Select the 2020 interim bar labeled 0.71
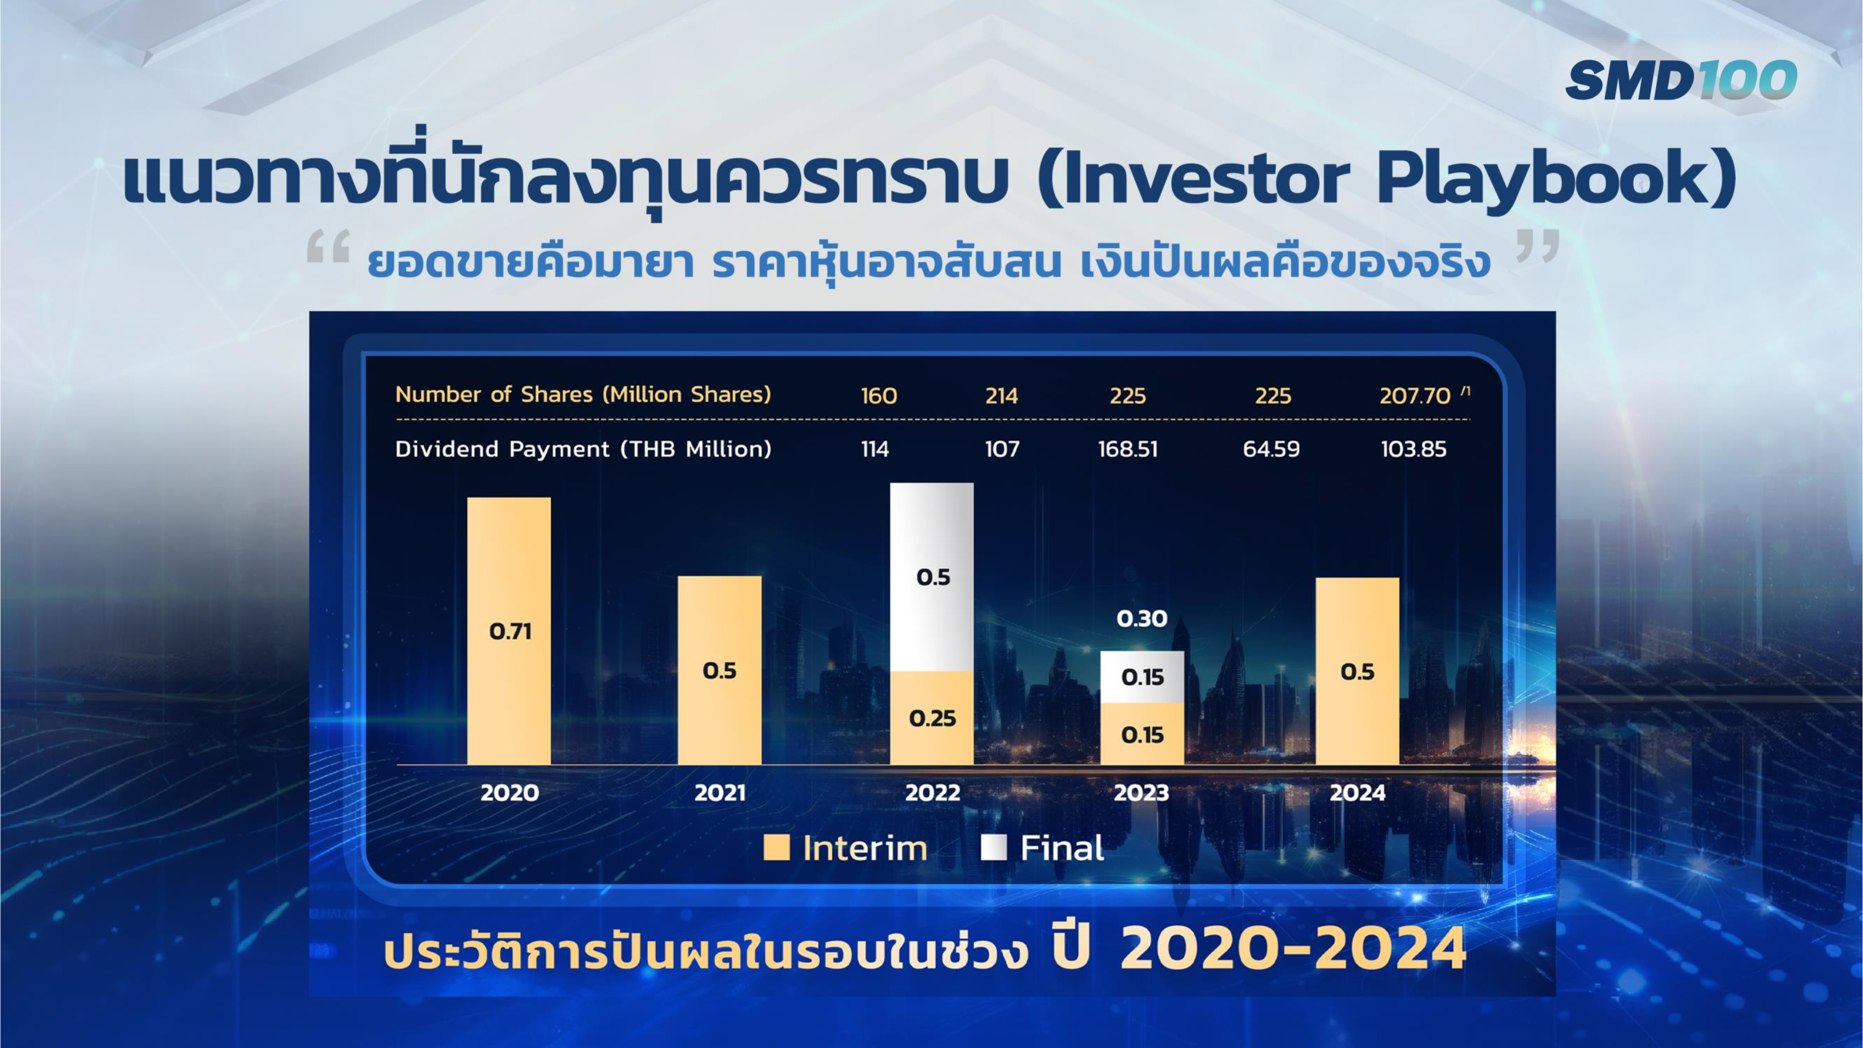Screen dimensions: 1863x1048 [x=509, y=631]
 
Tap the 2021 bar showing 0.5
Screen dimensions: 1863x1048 [x=720, y=670]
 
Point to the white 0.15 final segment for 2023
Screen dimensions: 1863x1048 [x=1142, y=677]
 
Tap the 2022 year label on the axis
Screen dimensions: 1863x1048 [x=933, y=793]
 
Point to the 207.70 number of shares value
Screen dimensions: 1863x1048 [x=1414, y=395]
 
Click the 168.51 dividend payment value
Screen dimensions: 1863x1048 [x=1128, y=449]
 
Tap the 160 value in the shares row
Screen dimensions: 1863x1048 [x=879, y=395]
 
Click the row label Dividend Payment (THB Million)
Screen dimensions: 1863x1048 [x=583, y=449]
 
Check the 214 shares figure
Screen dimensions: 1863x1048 [x=1002, y=395]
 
